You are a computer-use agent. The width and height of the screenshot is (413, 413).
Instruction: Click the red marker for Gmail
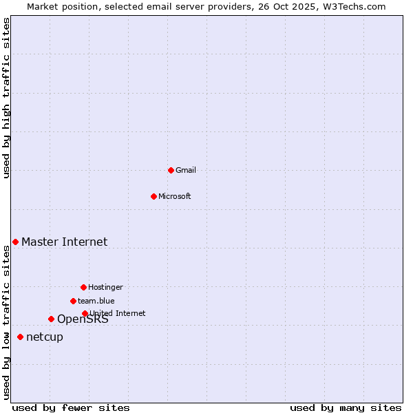coord(171,170)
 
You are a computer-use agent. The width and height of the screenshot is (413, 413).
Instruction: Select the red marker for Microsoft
coord(153,196)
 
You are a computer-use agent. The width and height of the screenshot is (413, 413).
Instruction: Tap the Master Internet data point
coord(15,242)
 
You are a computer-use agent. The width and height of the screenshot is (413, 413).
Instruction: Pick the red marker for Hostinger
coord(83,287)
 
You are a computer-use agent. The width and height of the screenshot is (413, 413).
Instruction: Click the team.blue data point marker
coord(73,301)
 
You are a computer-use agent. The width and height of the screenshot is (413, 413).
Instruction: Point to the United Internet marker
coord(85,313)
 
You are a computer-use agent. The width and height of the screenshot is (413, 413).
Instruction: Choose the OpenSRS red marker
coord(51,319)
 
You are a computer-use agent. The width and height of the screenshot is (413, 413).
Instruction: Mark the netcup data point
coord(20,337)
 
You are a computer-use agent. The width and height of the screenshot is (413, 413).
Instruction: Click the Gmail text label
coord(186,170)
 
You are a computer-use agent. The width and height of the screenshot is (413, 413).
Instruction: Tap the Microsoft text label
coord(175,196)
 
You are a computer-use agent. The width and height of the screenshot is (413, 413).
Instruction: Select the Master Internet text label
coord(64,242)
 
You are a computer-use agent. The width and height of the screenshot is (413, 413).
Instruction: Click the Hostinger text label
coord(105,287)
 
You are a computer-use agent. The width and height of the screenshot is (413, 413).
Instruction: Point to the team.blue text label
coord(96,301)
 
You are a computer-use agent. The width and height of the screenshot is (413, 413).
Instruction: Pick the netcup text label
coord(45,337)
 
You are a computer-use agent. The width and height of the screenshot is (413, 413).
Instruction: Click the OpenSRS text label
coord(83,319)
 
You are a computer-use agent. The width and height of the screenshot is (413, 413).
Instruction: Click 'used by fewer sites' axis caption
coord(71,407)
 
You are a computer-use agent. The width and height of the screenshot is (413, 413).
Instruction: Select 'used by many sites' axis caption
coord(346,407)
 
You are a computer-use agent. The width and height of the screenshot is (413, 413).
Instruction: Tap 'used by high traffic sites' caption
coord(7,98)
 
